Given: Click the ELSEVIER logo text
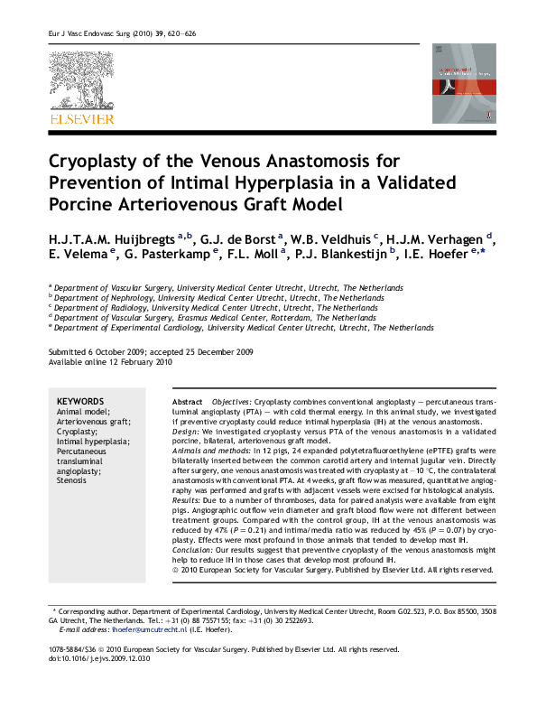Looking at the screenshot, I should click(81, 119).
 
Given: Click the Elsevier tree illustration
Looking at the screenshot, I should click(81, 81).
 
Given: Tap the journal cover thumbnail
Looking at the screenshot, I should click(464, 83).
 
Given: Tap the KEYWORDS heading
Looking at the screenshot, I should click(80, 401).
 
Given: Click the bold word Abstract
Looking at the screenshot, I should click(187, 401).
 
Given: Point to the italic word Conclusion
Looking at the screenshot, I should click(192, 550).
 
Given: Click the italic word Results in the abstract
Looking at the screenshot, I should click(187, 500).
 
